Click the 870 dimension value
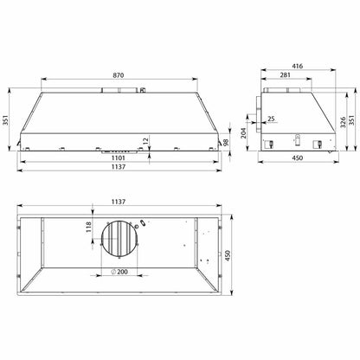(119, 75)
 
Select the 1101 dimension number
(119, 158)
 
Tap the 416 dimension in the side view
(298, 66)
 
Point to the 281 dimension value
(286, 75)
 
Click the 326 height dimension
(343, 123)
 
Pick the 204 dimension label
(243, 133)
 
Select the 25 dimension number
(271, 119)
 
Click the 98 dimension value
(226, 142)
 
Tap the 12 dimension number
(145, 141)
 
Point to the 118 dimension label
(88, 227)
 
